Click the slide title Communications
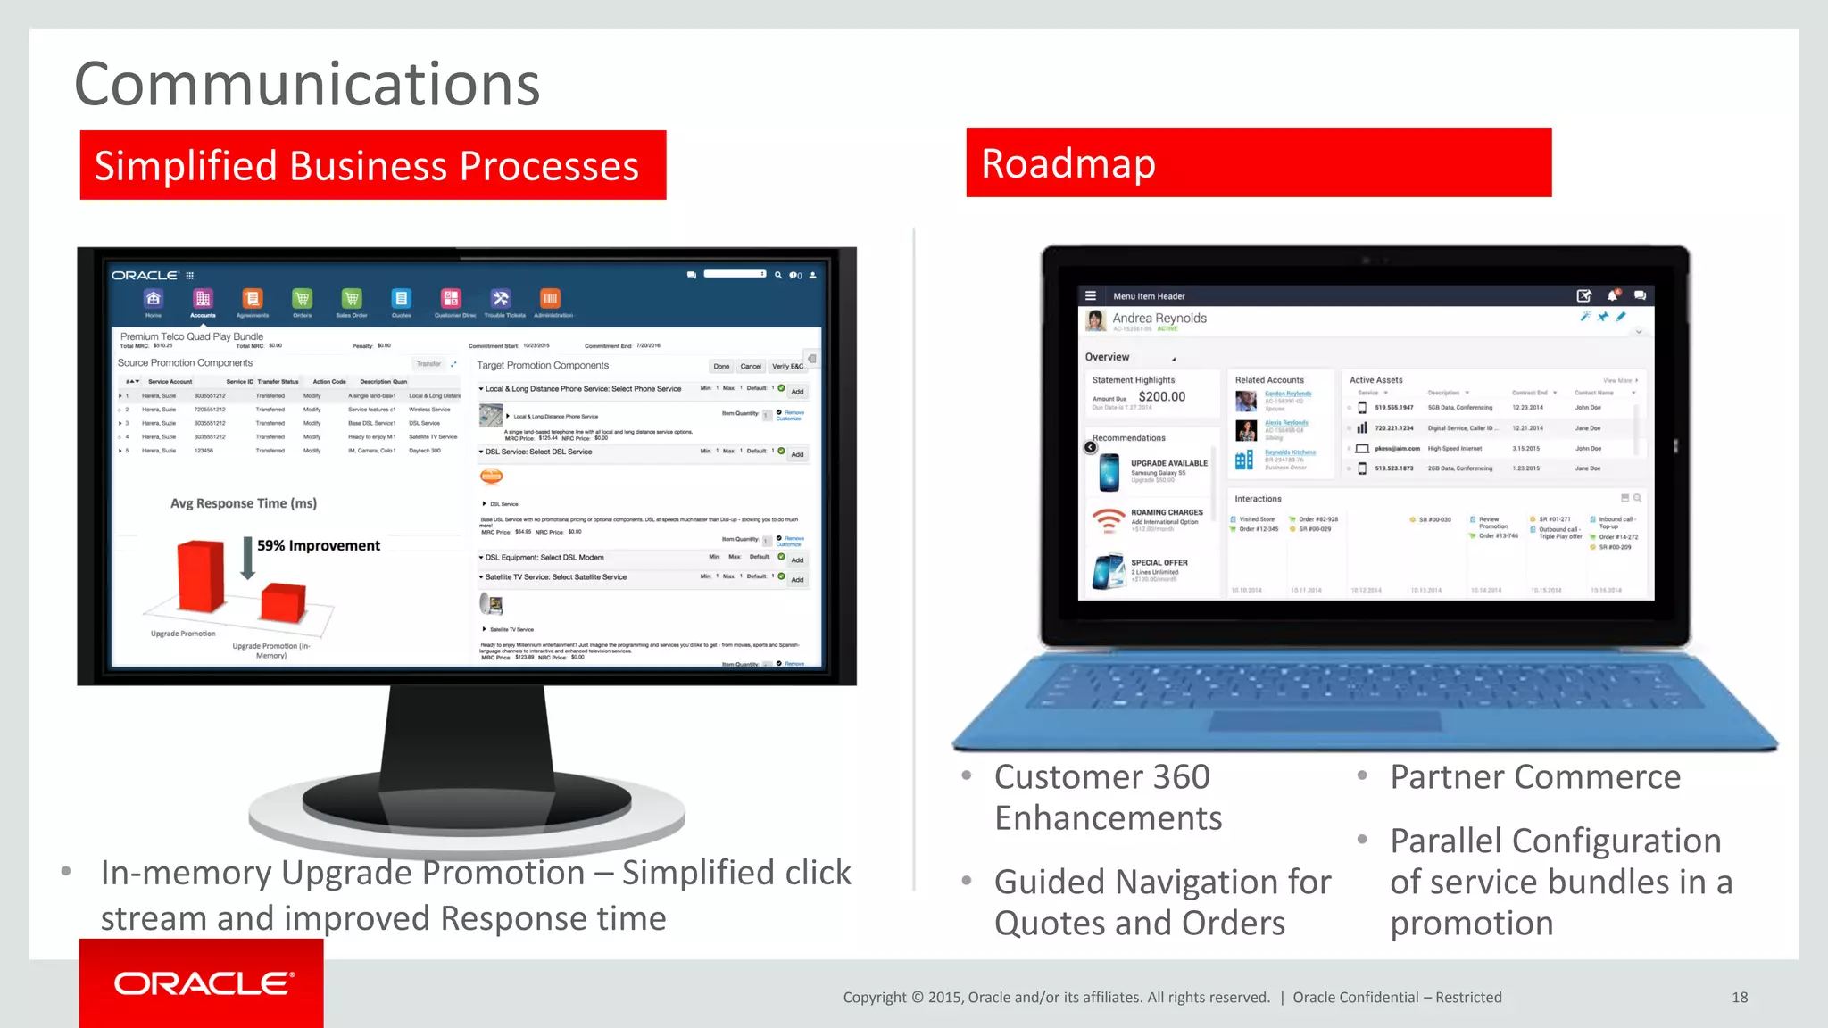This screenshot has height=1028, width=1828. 307,84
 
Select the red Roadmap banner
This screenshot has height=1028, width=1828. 1259,162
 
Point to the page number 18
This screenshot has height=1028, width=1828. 1740,997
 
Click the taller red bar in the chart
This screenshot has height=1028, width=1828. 200,576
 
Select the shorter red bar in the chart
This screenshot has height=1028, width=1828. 283,602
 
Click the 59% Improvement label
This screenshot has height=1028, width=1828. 319,545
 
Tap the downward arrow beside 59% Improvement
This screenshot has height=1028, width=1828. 248,558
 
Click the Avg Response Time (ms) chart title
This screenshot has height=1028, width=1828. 244,503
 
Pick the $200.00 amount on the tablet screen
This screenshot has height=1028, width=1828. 1162,397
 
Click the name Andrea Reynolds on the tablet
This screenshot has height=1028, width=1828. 1159,318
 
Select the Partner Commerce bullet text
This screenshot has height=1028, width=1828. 1535,776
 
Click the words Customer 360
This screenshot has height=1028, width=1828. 1102,776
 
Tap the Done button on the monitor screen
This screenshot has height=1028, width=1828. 721,366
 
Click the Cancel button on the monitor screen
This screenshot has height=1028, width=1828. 751,366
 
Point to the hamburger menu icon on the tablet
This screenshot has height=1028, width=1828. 1091,295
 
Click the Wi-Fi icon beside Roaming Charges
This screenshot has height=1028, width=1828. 1109,519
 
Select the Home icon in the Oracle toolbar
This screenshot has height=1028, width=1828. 154,299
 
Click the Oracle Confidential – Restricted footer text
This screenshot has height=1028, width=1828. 1397,997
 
